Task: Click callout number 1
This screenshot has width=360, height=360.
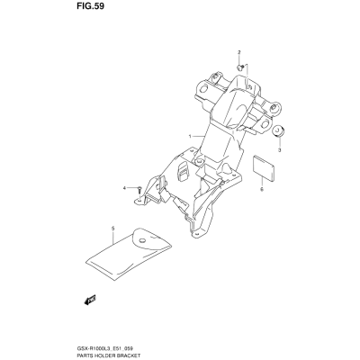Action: point(190,137)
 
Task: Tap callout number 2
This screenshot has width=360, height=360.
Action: point(239,53)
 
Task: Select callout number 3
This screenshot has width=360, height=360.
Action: point(279,150)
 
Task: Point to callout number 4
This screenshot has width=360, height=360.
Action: point(124,188)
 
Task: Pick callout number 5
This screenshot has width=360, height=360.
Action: point(113,229)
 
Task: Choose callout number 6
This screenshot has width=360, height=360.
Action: point(262,190)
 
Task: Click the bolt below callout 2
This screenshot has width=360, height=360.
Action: point(239,67)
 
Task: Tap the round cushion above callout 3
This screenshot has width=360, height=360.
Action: point(278,131)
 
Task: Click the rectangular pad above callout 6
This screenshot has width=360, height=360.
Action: point(264,168)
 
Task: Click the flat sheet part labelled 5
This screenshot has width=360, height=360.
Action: point(129,255)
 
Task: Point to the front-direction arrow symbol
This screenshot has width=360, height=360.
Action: point(90,300)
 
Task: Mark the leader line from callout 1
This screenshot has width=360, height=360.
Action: point(198,137)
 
